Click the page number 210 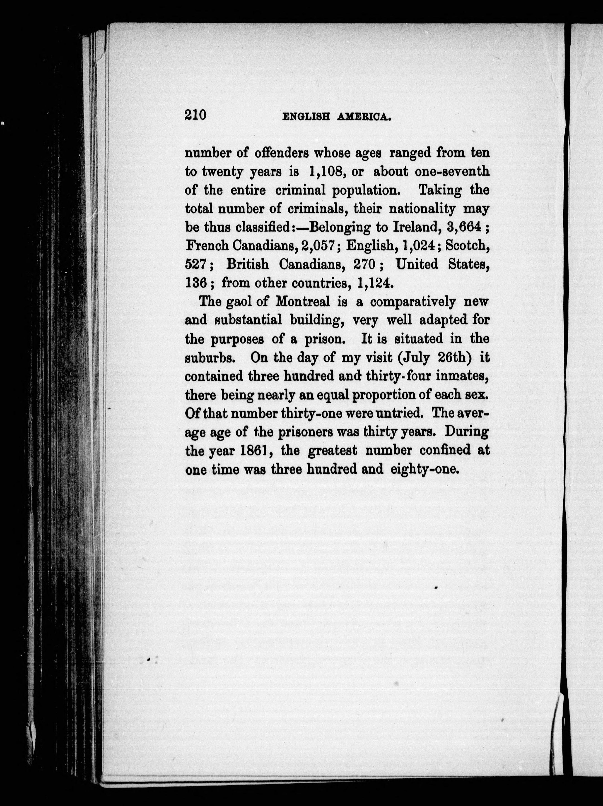click(x=195, y=115)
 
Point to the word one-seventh click(x=452, y=171)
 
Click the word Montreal click(x=303, y=302)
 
